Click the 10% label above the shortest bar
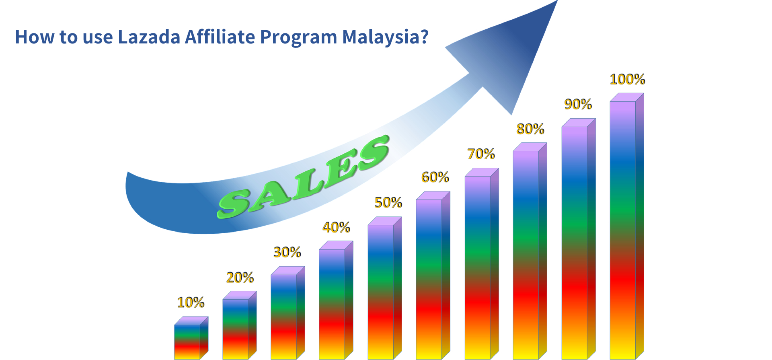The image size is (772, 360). coord(191,302)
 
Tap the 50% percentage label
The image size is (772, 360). coord(388,203)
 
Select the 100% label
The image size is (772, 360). coord(627,79)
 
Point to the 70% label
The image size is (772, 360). coord(481,154)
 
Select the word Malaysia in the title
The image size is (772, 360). coord(385,37)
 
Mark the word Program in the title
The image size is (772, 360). coord(298,37)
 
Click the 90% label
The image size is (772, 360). coord(578,105)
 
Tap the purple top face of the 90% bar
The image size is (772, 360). coord(579,123)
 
